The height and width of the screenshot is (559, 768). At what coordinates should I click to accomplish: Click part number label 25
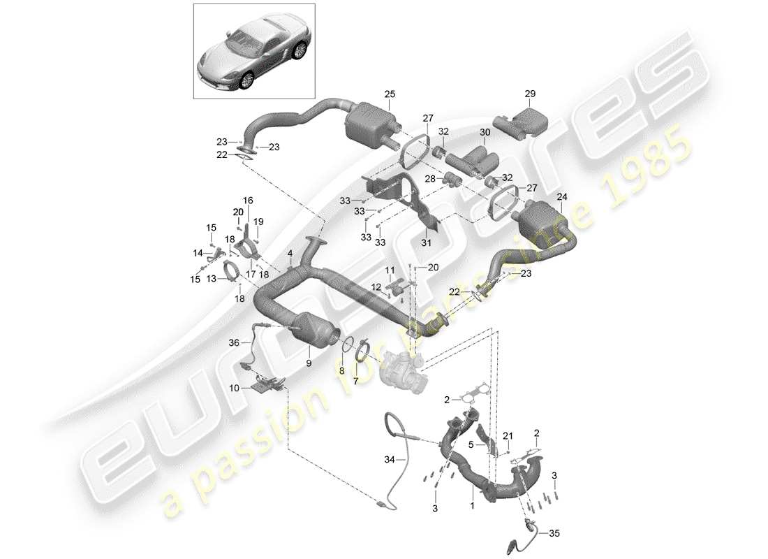389,94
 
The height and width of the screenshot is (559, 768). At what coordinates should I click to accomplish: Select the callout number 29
529,94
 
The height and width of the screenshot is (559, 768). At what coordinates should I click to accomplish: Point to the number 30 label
485,132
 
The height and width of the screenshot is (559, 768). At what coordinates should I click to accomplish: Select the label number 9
308,363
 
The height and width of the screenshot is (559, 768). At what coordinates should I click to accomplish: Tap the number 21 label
508,435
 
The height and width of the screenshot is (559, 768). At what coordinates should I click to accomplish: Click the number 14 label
198,253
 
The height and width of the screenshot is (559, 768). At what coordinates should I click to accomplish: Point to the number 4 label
290,253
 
